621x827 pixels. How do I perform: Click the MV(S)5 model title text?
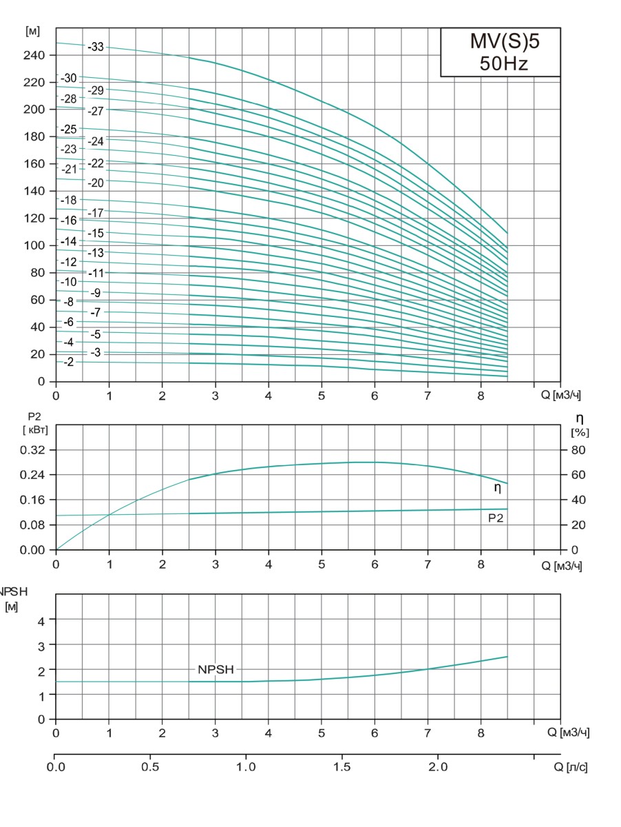click(x=501, y=43)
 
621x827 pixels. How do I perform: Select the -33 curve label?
click(x=96, y=47)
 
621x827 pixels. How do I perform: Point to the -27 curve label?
click(x=96, y=111)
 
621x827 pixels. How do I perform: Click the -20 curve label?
click(x=96, y=183)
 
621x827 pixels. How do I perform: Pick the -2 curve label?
click(x=68, y=362)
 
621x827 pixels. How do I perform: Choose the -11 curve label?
click(x=96, y=273)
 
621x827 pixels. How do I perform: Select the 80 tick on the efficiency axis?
click(x=579, y=450)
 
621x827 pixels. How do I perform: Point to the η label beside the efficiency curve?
click(x=497, y=488)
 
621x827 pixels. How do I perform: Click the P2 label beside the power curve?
click(x=496, y=517)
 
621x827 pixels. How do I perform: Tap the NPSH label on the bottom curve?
click(x=216, y=669)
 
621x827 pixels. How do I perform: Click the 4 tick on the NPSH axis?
click(x=41, y=620)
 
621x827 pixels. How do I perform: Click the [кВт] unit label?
click(x=34, y=430)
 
